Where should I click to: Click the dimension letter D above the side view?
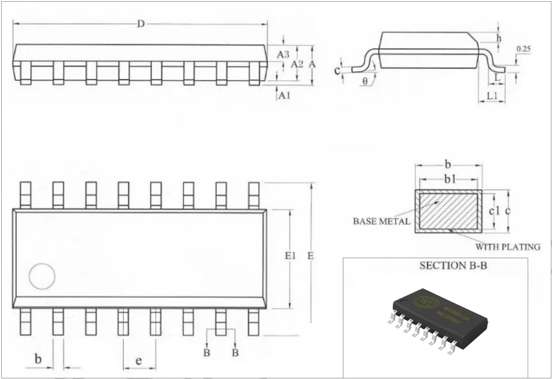pos(141,24)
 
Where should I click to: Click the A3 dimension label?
pos(283,54)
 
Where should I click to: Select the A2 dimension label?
pos(297,64)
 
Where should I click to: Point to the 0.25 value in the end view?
pos(523,49)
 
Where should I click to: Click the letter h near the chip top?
pos(499,37)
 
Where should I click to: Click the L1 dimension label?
pos(492,96)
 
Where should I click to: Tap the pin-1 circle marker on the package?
pos(42,277)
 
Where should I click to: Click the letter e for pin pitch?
pos(138,361)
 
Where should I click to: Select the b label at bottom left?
pos(38,359)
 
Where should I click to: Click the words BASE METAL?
pos(381,221)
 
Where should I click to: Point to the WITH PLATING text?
pos(507,246)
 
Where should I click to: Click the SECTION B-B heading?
pos(453,266)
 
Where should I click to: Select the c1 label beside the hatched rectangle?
pos(493,211)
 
